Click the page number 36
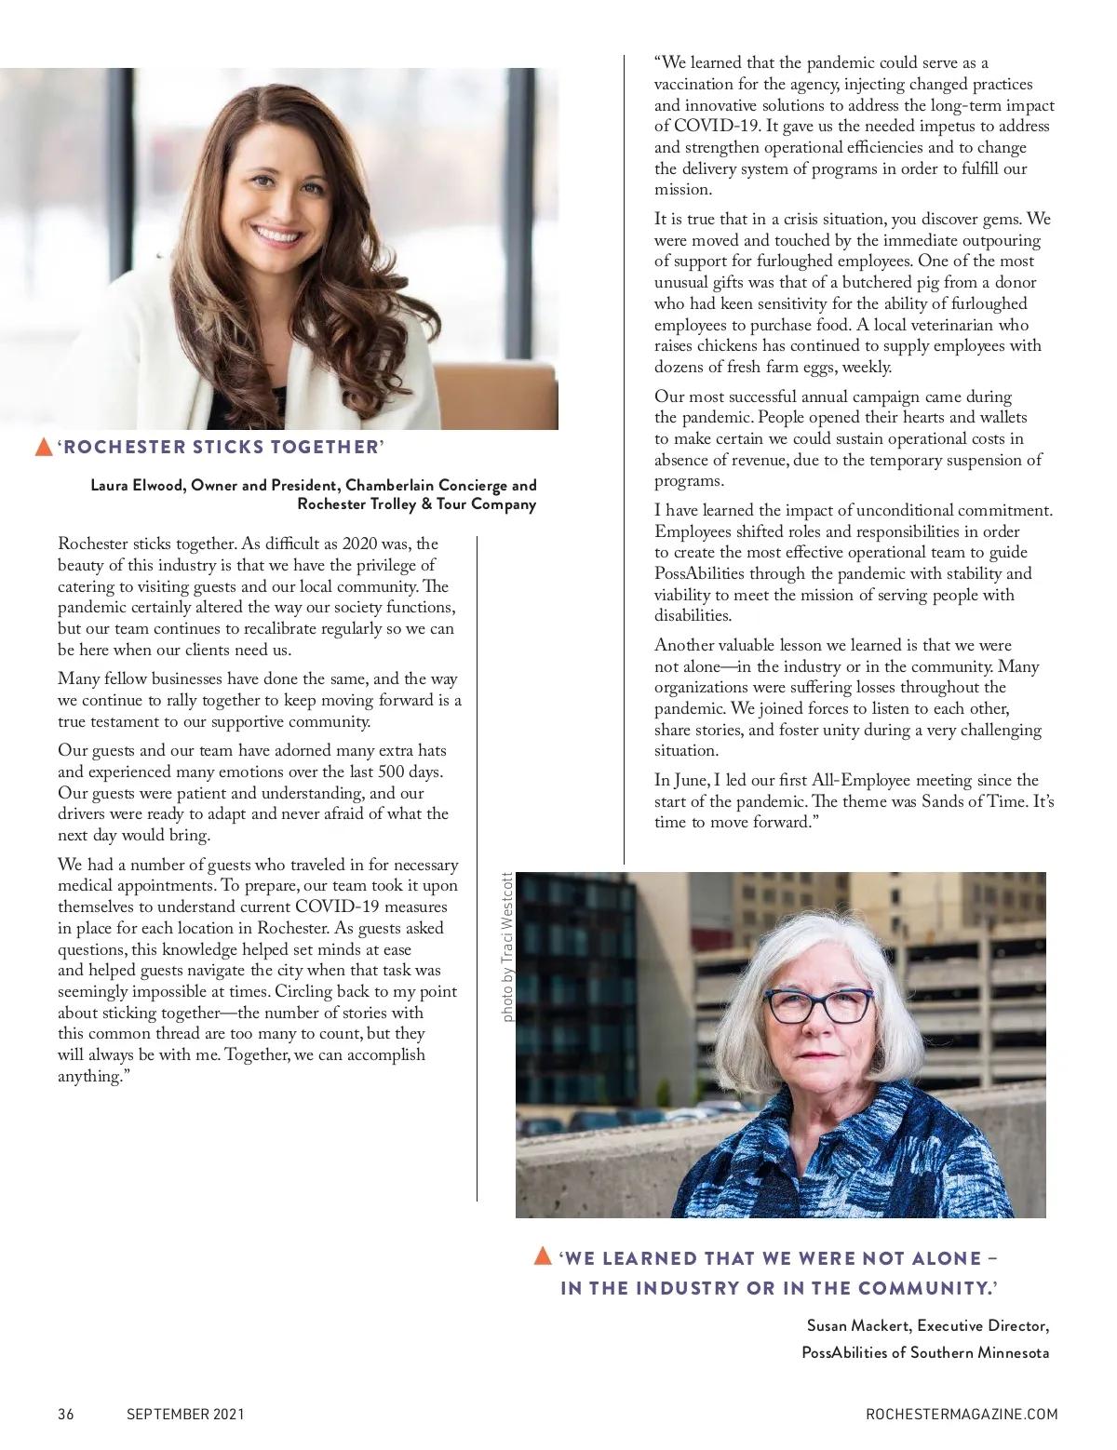[x=65, y=1414]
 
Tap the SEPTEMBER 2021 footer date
[x=185, y=1414]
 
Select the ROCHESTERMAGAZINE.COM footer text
[x=962, y=1414]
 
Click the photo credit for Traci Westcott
[x=507, y=947]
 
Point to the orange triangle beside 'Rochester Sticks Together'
[x=43, y=447]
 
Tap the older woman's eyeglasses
[x=816, y=1005]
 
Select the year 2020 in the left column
[x=364, y=544]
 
